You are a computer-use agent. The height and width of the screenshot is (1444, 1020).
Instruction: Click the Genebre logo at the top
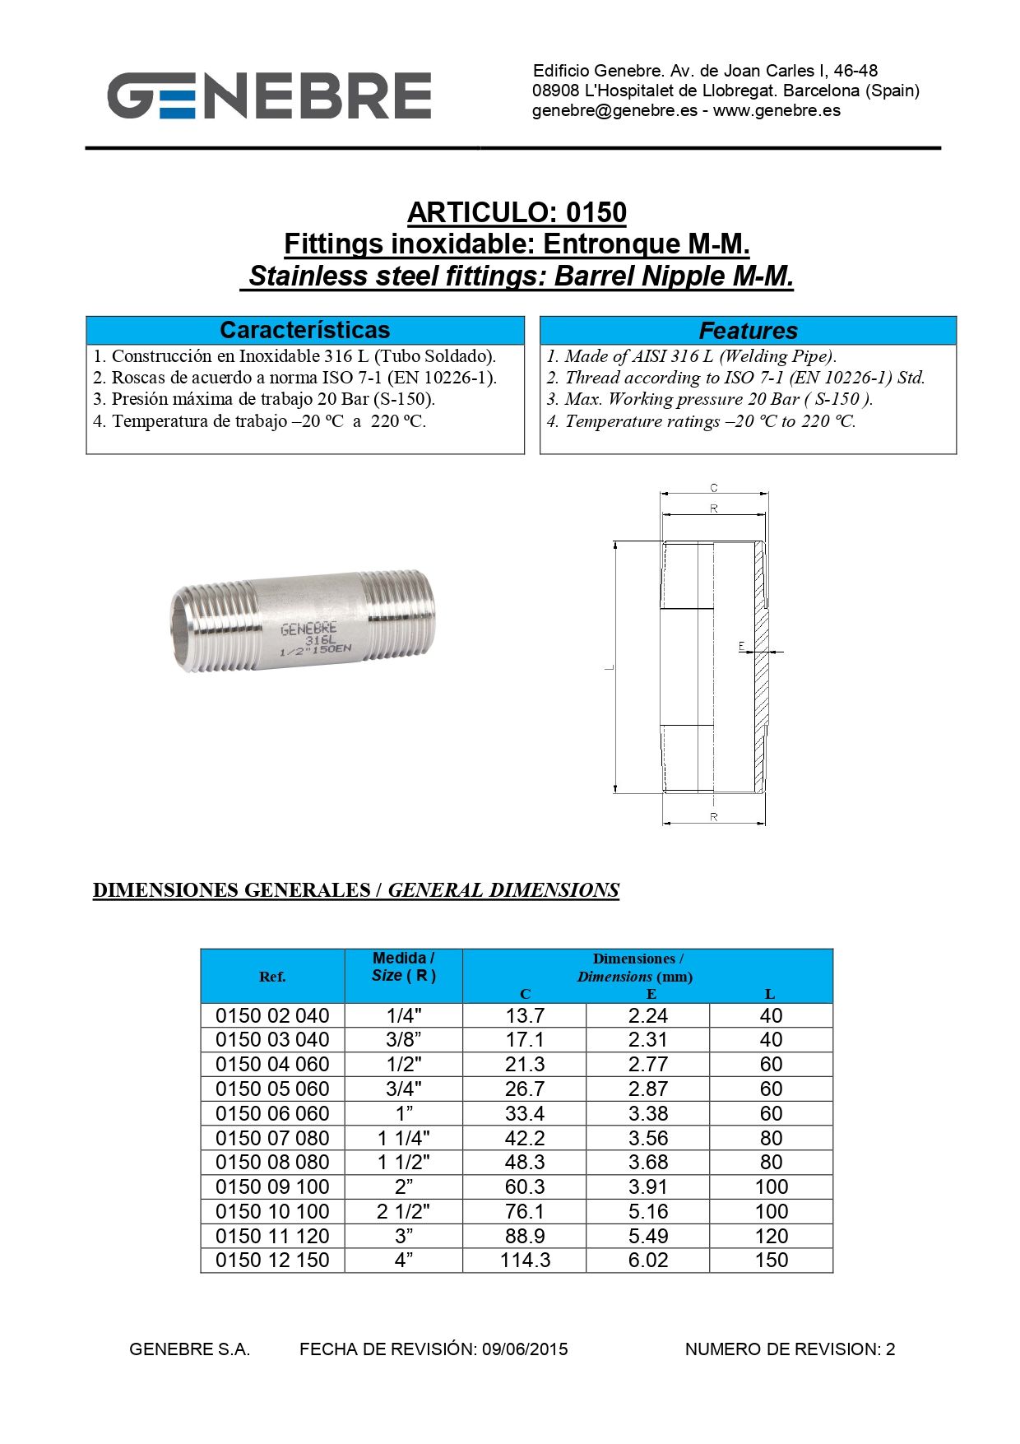coord(269,95)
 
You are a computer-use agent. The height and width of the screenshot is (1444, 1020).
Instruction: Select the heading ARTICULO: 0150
coord(517,212)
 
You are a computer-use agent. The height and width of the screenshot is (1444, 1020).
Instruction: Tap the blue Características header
coord(304,330)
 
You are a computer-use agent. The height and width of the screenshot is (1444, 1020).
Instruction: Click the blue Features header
coord(748,331)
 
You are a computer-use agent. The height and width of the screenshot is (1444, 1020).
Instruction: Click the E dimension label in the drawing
coord(742,646)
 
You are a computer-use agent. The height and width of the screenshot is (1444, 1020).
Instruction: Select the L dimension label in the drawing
coord(610,667)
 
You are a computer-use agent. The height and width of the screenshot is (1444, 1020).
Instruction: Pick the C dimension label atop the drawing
coord(714,488)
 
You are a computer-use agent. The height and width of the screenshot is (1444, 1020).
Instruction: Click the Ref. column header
coord(272,977)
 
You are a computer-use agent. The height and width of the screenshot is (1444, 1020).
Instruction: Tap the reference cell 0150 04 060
coord(272,1064)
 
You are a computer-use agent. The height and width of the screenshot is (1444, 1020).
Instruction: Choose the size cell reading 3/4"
coord(404,1089)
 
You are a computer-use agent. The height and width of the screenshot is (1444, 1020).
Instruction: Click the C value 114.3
coord(525,1260)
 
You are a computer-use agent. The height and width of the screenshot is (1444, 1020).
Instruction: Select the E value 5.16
coord(648,1211)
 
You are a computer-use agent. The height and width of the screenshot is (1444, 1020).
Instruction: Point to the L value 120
coord(771,1236)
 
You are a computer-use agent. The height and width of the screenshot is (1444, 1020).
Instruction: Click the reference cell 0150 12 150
coord(272,1260)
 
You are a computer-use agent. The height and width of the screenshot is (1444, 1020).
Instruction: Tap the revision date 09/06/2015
coord(525,1349)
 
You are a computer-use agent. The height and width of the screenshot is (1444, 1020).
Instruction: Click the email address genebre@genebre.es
coord(614,110)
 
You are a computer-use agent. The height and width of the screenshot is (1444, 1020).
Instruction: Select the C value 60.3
coord(525,1186)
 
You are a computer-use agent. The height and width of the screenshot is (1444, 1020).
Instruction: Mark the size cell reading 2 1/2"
coord(404,1211)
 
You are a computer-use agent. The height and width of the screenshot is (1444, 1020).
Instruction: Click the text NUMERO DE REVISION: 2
coord(790,1349)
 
